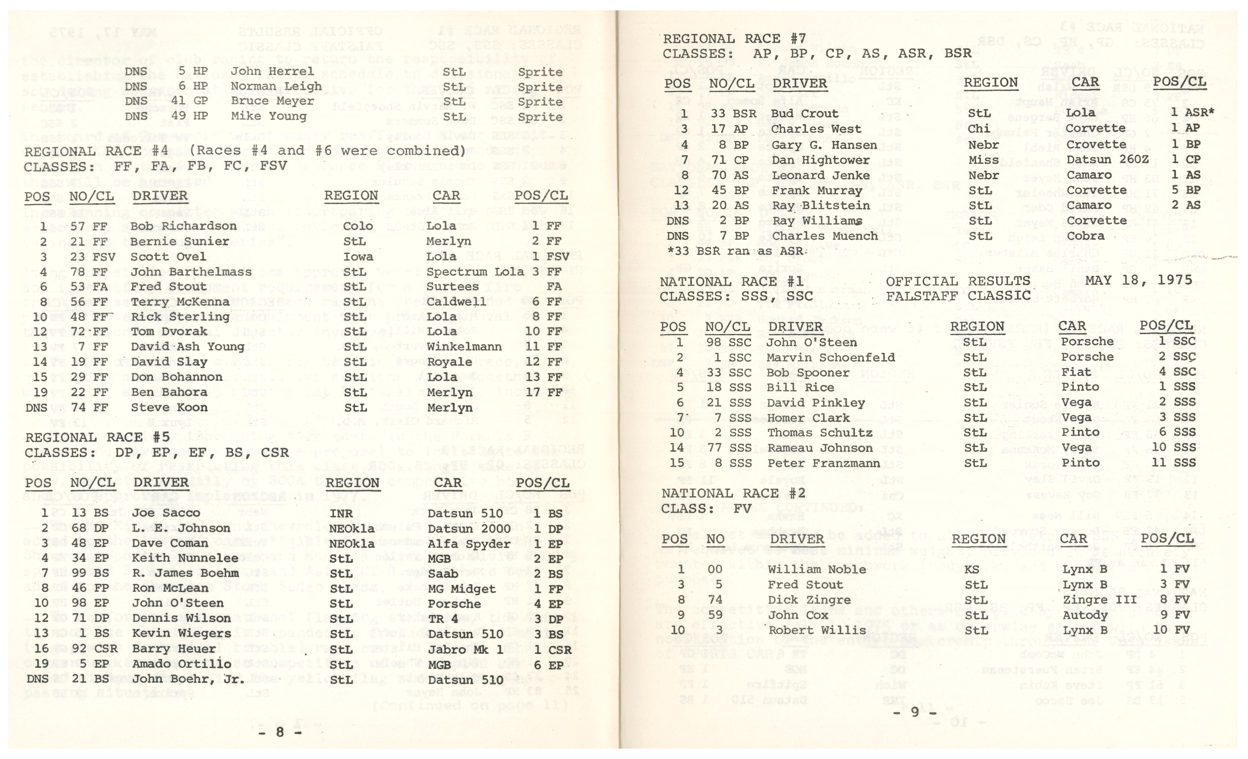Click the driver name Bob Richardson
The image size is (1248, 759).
[x=183, y=226]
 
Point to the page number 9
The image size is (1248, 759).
[x=915, y=712]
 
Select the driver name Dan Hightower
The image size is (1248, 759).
[x=820, y=160]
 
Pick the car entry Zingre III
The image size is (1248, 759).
[x=1099, y=600]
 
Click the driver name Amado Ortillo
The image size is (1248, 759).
[x=181, y=664]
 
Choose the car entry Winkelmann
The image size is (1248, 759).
[x=464, y=347]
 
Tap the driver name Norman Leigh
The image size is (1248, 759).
[x=276, y=87]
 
